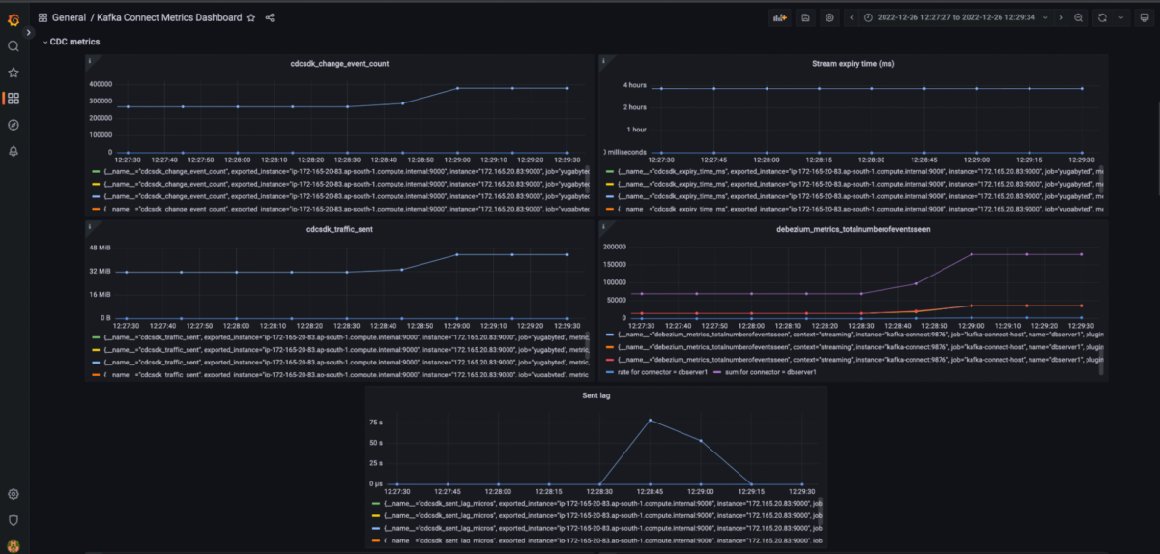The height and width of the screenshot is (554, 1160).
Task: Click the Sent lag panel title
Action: click(x=596, y=396)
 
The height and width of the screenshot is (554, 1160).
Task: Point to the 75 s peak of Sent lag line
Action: click(x=650, y=420)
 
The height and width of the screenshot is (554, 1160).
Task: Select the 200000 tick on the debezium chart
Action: click(x=620, y=247)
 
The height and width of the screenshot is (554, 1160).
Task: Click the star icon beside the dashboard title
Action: click(x=251, y=17)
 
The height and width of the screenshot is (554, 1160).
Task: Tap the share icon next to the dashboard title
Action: click(x=270, y=17)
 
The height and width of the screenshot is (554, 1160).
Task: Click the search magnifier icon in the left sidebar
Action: click(x=14, y=46)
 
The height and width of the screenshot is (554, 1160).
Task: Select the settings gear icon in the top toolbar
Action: click(x=829, y=17)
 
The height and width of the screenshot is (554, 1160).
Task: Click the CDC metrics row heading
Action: click(x=74, y=42)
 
